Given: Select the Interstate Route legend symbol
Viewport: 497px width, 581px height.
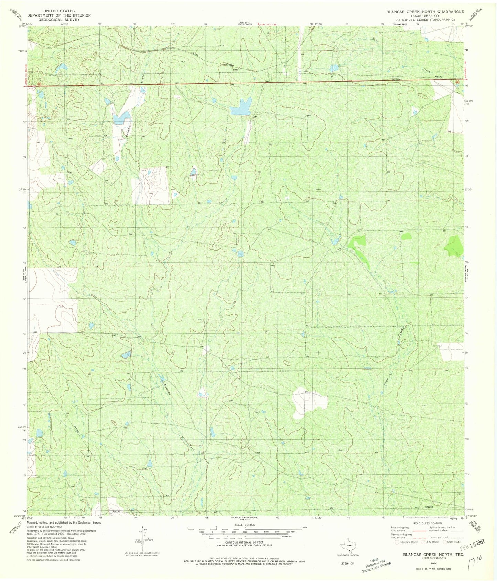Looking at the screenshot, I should click(397, 542).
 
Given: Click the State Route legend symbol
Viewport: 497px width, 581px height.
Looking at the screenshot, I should click(445, 542).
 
